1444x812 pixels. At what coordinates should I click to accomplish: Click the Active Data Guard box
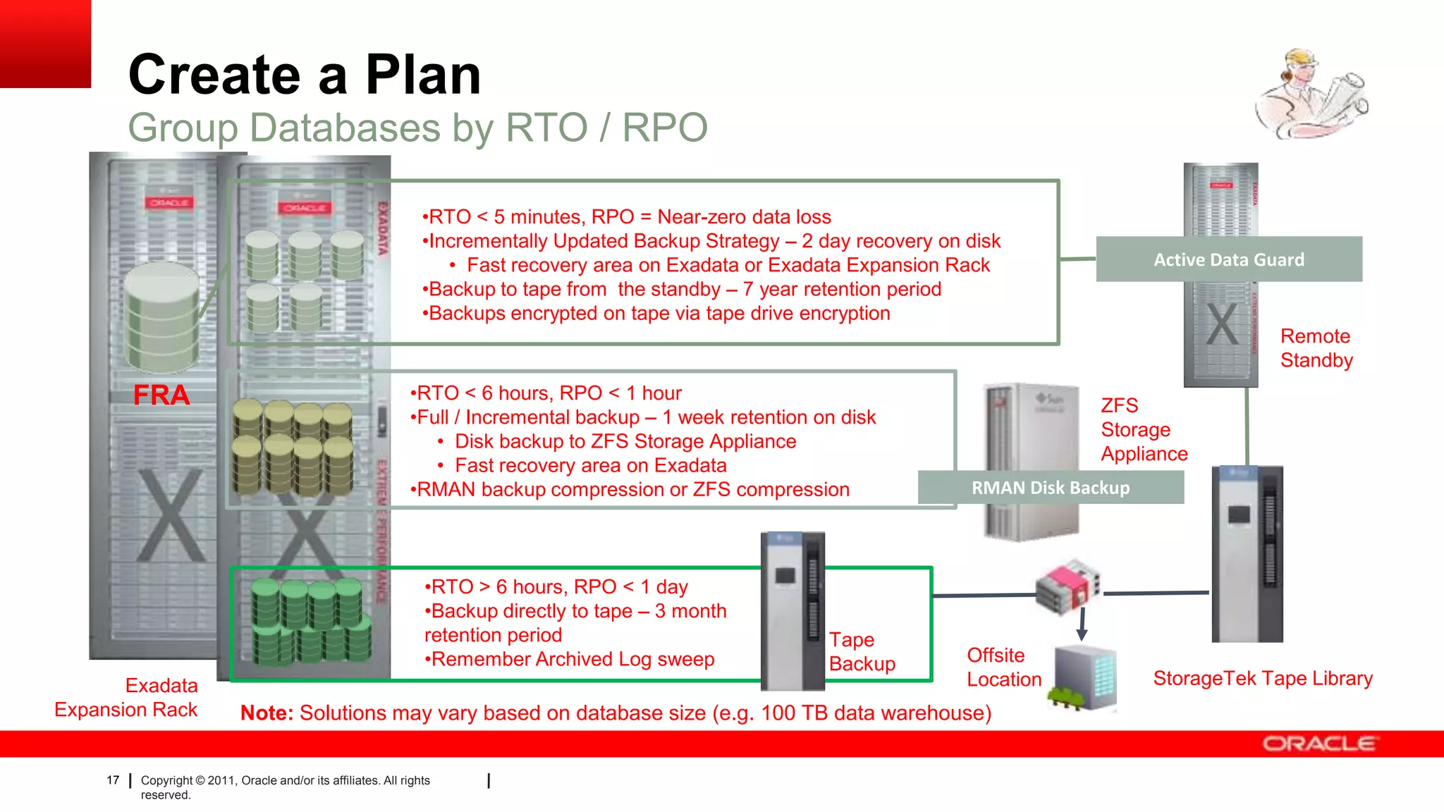tap(1228, 259)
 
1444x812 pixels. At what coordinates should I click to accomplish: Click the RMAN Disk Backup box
tap(1050, 488)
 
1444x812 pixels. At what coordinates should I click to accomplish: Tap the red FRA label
tap(161, 395)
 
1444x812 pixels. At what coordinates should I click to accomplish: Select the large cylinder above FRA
tap(161, 317)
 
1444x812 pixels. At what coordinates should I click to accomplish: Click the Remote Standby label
tap(1316, 348)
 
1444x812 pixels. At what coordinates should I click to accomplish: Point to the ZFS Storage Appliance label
tap(1143, 429)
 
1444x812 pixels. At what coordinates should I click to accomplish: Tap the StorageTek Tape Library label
tap(1262, 678)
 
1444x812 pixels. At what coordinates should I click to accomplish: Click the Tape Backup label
tap(862, 651)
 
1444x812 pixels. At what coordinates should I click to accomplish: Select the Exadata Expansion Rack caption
tap(127, 697)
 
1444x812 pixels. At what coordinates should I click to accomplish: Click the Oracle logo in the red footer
tap(1318, 744)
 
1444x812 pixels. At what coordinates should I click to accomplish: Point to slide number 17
tap(113, 780)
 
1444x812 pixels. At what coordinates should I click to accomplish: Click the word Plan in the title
tap(422, 75)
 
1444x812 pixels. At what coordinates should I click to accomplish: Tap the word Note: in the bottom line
tap(267, 713)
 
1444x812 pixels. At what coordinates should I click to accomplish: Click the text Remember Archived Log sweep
tap(570, 659)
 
